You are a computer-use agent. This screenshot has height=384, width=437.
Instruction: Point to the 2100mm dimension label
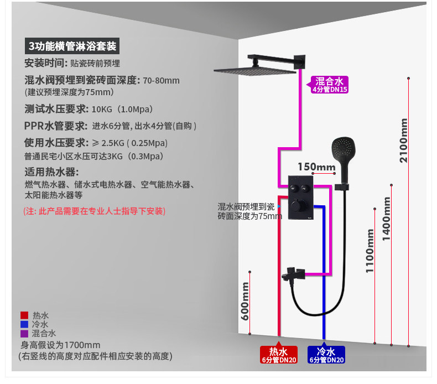404,141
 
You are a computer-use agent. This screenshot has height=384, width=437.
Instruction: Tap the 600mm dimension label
245,300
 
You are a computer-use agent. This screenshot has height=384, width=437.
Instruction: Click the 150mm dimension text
316,167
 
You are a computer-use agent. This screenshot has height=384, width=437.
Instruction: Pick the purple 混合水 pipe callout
331,85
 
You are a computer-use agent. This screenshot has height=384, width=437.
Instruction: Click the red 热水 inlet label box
279,355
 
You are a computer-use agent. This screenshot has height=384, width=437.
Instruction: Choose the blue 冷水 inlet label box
326,355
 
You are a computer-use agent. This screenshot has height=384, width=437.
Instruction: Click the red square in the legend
24,315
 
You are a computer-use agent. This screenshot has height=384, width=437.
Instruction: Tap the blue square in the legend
24,324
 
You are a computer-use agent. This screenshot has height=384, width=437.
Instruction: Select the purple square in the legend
24,334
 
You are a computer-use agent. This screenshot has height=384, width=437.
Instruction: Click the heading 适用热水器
52,172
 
